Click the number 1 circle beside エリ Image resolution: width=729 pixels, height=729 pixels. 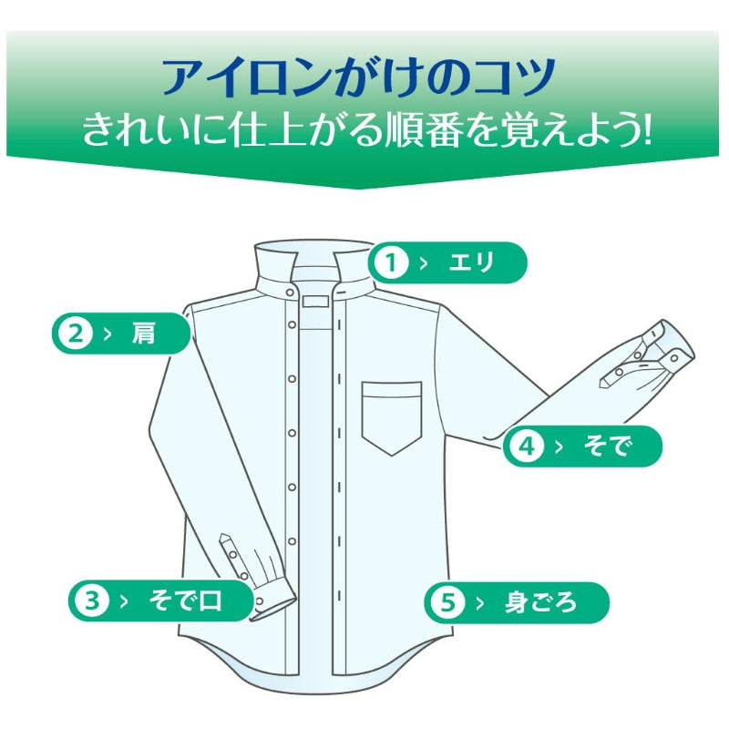(x=392, y=263)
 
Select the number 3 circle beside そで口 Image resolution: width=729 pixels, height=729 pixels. (x=91, y=601)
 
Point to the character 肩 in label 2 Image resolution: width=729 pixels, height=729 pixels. (x=143, y=334)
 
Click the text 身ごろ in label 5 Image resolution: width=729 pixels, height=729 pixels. (x=540, y=602)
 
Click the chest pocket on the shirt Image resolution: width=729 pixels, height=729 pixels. (x=392, y=415)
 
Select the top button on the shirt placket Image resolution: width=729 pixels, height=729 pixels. (x=291, y=292)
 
